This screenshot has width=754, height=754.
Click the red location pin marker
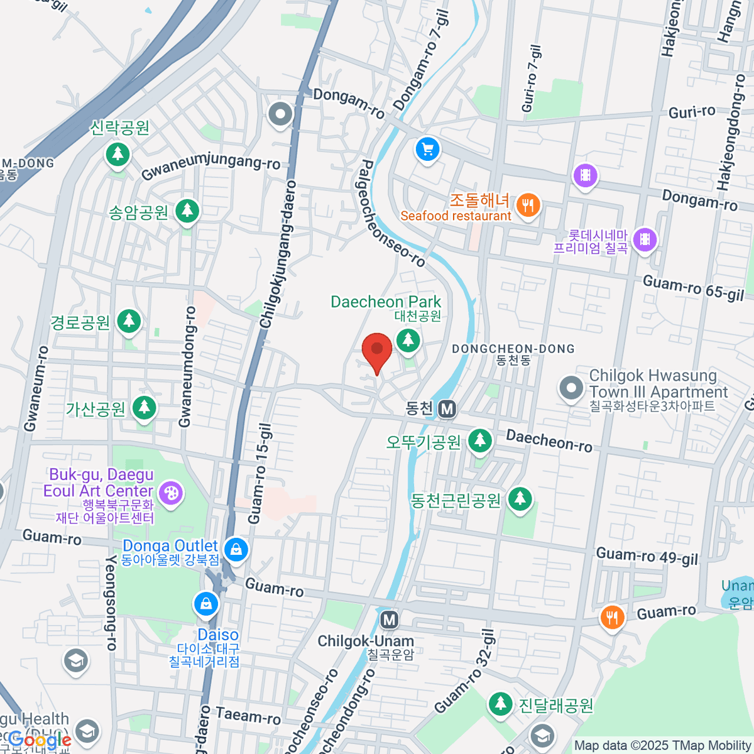pyautogui.click(x=377, y=351)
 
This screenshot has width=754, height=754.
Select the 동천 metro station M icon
pyautogui.click(x=447, y=410)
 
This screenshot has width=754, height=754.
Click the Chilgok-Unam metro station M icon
pyautogui.click(x=390, y=620)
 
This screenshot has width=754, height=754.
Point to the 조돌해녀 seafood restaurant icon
pyautogui.click(x=528, y=205)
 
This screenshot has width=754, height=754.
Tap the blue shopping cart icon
pyautogui.click(x=428, y=150)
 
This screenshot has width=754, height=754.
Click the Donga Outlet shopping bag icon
pyautogui.click(x=236, y=550)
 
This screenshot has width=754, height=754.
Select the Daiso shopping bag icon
pyautogui.click(x=205, y=605)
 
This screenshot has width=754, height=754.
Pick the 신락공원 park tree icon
pyautogui.click(x=117, y=153)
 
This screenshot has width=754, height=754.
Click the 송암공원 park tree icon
pyautogui.click(x=187, y=210)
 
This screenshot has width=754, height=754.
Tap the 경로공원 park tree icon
pyautogui.click(x=129, y=321)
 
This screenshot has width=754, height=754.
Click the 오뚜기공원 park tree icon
pyautogui.click(x=480, y=440)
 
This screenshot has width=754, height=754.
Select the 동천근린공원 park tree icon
pyautogui.click(x=520, y=500)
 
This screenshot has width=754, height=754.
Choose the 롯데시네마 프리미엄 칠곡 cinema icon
pyautogui.click(x=644, y=239)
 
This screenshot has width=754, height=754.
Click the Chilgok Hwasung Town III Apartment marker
pyautogui.click(x=571, y=388)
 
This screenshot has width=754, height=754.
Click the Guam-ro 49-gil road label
pyautogui.click(x=647, y=556)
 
